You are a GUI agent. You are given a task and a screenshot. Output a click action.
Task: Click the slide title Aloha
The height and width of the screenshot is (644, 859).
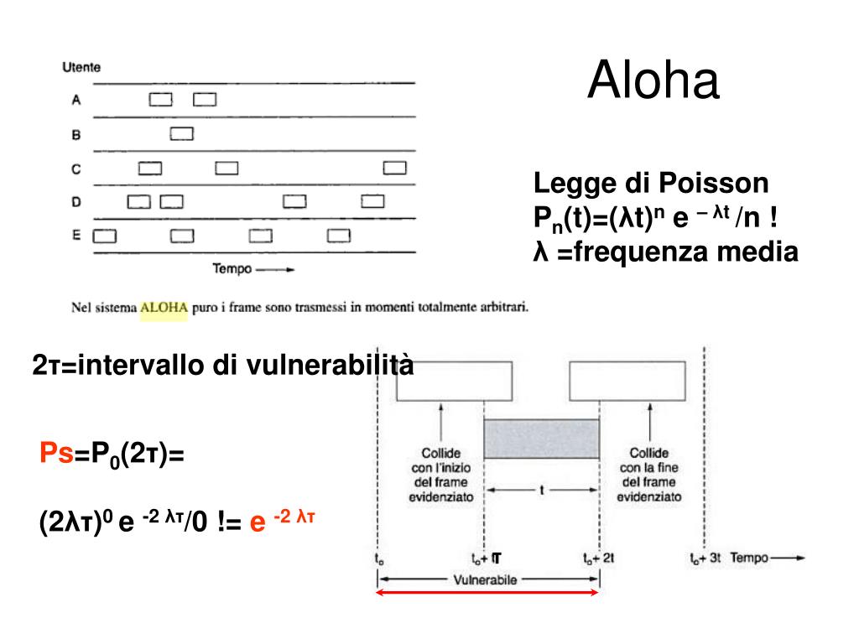653,81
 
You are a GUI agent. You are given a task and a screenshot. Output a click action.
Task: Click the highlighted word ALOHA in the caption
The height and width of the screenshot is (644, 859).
164,308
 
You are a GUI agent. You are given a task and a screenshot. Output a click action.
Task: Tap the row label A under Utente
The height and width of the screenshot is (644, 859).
75,101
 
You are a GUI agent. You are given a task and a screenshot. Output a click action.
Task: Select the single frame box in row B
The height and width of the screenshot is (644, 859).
182,133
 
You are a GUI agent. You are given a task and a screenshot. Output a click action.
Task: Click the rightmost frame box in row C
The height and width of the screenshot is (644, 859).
395,168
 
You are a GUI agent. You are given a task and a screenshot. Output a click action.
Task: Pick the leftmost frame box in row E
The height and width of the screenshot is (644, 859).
104,236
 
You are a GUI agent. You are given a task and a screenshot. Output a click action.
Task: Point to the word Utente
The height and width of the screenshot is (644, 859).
81,68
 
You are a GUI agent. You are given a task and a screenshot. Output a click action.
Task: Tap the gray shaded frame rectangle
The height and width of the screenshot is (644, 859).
542,439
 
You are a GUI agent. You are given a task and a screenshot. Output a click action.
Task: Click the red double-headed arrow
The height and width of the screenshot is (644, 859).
487,592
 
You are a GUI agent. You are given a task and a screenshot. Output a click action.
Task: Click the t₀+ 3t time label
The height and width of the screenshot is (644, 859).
705,558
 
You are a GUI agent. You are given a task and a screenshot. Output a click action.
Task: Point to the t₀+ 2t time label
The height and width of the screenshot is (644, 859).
599,558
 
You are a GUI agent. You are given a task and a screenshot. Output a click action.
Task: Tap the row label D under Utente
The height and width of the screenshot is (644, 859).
75,201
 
